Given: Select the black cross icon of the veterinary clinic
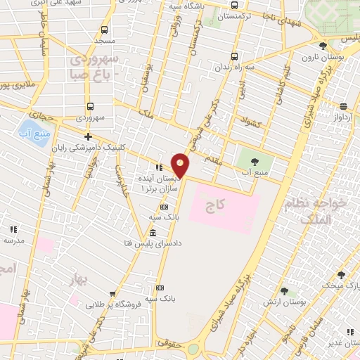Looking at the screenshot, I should (x=88, y=136).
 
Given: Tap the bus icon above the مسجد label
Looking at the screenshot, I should (x=104, y=30).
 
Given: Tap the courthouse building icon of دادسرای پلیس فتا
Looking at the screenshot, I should (x=153, y=233).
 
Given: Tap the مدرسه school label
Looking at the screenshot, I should (x=14, y=240).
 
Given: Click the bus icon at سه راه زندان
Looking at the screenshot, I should (x=234, y=57).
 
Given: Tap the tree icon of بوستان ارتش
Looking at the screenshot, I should (x=284, y=290).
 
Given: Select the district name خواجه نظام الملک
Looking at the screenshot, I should (x=323, y=211).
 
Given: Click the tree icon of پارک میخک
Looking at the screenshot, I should (x=341, y=275).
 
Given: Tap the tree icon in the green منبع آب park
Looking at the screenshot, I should (x=255, y=160).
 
